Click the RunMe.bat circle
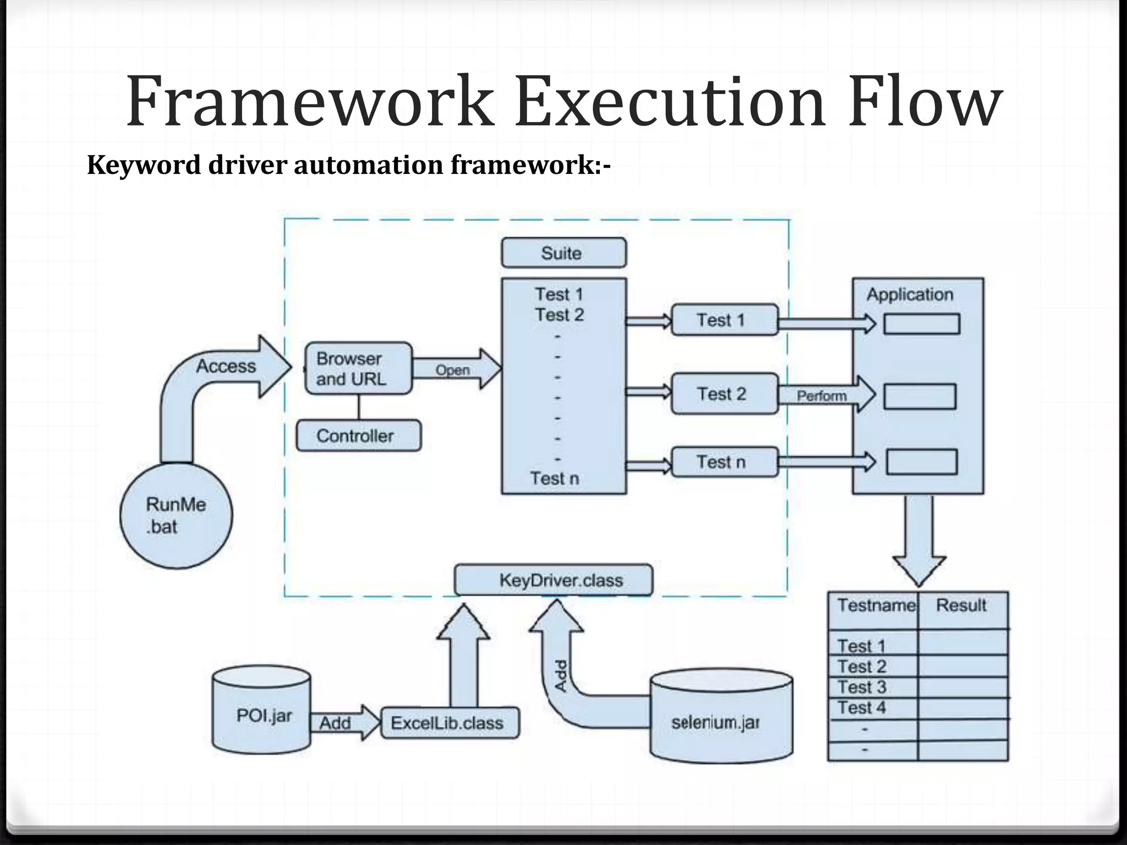pyautogui.click(x=176, y=515)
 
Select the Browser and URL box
pyautogui.click(x=358, y=369)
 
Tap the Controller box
pyautogui.click(x=359, y=436)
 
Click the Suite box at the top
pyautogui.click(x=563, y=253)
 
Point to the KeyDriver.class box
pyautogui.click(x=554, y=580)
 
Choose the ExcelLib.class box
pyautogui.click(x=450, y=723)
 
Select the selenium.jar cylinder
pyautogui.click(x=721, y=717)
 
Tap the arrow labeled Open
pyautogui.click(x=455, y=370)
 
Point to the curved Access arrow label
pyautogui.click(x=226, y=366)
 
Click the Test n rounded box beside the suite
pyautogui.click(x=725, y=462)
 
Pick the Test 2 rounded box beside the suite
pyautogui.click(x=725, y=394)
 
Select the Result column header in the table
pyautogui.click(x=961, y=606)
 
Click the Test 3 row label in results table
pyautogui.click(x=862, y=687)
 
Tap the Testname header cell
pyautogui.click(x=875, y=606)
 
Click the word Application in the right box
pyautogui.click(x=910, y=295)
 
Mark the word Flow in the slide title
pyautogui.click(x=924, y=102)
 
